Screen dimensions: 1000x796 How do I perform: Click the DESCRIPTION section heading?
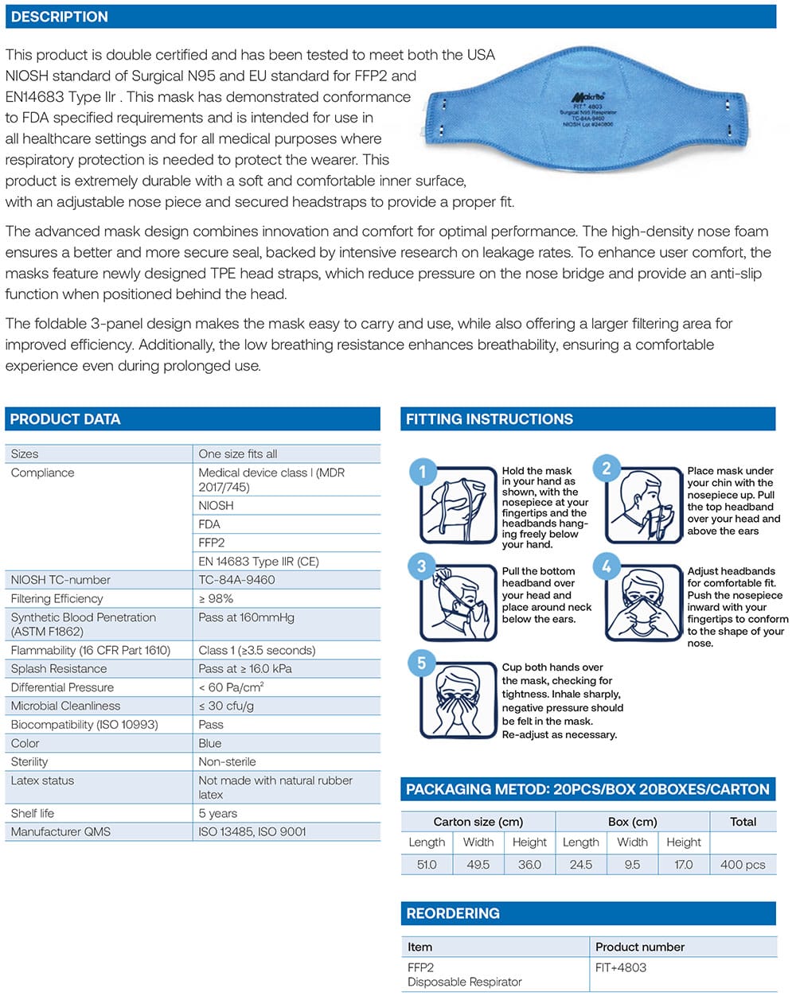coord(60,17)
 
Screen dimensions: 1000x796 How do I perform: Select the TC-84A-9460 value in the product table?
coord(236,580)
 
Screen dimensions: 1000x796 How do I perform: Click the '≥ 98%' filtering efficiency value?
coord(216,598)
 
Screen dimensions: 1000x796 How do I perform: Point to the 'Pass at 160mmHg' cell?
coord(246,617)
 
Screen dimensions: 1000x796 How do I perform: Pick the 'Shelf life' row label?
coord(33,813)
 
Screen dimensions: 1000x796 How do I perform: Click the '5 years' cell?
coord(217,813)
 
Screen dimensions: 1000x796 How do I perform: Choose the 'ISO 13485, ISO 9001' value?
coord(252,831)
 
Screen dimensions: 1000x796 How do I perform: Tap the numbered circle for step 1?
coord(422,472)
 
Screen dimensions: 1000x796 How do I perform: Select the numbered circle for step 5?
coord(422,663)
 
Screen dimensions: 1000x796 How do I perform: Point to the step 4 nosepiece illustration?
coord(644,602)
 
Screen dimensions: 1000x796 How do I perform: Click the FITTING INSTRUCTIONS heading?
coord(489,419)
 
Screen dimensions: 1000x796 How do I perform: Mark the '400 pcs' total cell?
coord(742,864)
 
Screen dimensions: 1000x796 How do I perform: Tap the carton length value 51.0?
coord(427,864)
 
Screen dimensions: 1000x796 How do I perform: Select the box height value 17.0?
coord(683,864)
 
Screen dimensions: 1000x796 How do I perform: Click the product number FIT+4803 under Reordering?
coord(621,967)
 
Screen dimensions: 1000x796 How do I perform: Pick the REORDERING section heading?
coord(453,913)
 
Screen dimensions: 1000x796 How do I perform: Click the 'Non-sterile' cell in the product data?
coord(227,761)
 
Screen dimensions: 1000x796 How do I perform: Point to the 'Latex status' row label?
coord(42,780)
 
